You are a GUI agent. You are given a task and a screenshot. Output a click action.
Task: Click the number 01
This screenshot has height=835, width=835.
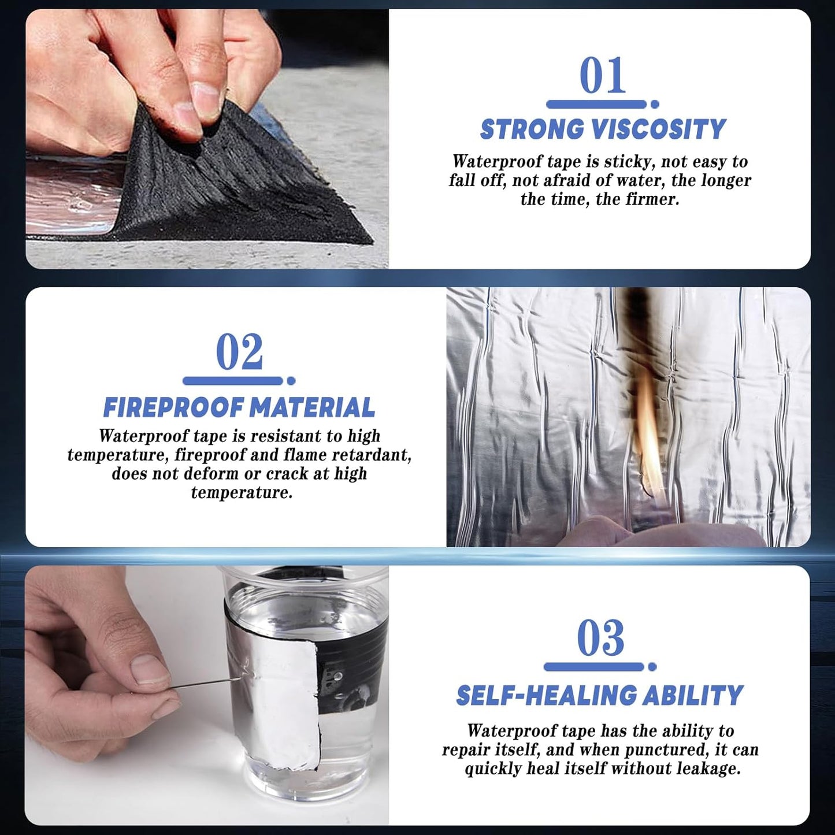coord(603,75)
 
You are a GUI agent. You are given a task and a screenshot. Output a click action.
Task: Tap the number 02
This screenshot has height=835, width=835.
coord(239,352)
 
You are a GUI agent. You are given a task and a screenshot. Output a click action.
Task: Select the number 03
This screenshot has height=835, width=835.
coord(600,638)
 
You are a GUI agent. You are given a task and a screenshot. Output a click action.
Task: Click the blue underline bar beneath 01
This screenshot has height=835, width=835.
coord(596,104)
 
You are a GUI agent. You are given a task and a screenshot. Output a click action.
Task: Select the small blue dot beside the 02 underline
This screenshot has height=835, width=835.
coord(291,381)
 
